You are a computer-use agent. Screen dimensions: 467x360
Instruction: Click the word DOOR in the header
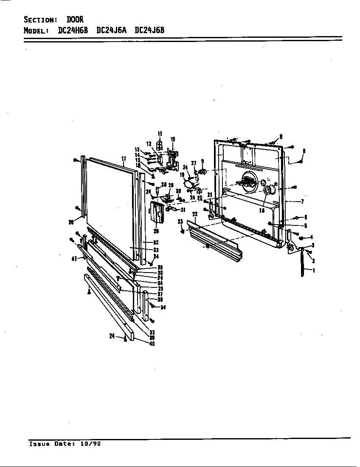[75, 20]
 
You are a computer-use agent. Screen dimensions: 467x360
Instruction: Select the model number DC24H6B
[73, 30]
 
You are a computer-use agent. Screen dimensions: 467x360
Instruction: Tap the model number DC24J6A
[112, 30]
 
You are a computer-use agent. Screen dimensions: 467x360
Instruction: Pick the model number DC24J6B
[149, 30]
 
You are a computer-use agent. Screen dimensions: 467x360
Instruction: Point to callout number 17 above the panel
[124, 159]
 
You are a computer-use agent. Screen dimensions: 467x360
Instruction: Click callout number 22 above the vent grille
[195, 214]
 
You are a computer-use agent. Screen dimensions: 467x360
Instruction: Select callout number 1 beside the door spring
[313, 270]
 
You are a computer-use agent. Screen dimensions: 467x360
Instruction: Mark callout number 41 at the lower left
[74, 258]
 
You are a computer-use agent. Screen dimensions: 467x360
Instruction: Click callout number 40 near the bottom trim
[152, 343]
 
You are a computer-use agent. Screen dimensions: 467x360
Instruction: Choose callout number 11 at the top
[160, 134]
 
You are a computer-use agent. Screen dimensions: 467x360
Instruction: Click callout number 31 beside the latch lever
[183, 210]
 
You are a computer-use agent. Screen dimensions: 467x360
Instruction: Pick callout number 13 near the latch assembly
[137, 149]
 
